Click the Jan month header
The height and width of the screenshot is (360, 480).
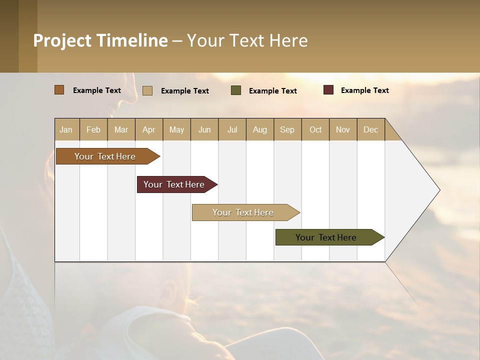pyautogui.click(x=66, y=129)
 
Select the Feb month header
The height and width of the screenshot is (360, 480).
pyautogui.click(x=93, y=129)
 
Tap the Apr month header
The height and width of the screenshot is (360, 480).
pyautogui.click(x=148, y=129)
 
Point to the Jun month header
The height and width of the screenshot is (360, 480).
pyautogui.click(x=204, y=129)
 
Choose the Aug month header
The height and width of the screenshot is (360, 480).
pyautogui.click(x=259, y=129)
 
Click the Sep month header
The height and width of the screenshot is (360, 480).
pyautogui.click(x=287, y=129)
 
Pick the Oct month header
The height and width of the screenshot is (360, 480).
pyautogui.click(x=315, y=129)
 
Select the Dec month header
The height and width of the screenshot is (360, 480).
pyautogui.click(x=370, y=129)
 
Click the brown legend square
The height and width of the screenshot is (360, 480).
pyautogui.click(x=59, y=90)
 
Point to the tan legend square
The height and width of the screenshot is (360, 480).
pyautogui.click(x=147, y=90)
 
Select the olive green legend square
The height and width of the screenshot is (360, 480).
pyautogui.click(x=236, y=90)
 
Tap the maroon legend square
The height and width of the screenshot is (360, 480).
pyautogui.click(x=328, y=90)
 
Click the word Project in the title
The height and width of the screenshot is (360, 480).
pyautogui.click(x=62, y=40)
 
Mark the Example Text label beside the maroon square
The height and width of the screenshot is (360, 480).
pyautogui.click(x=364, y=90)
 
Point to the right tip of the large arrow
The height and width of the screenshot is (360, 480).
pyautogui.click(x=438, y=190)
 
